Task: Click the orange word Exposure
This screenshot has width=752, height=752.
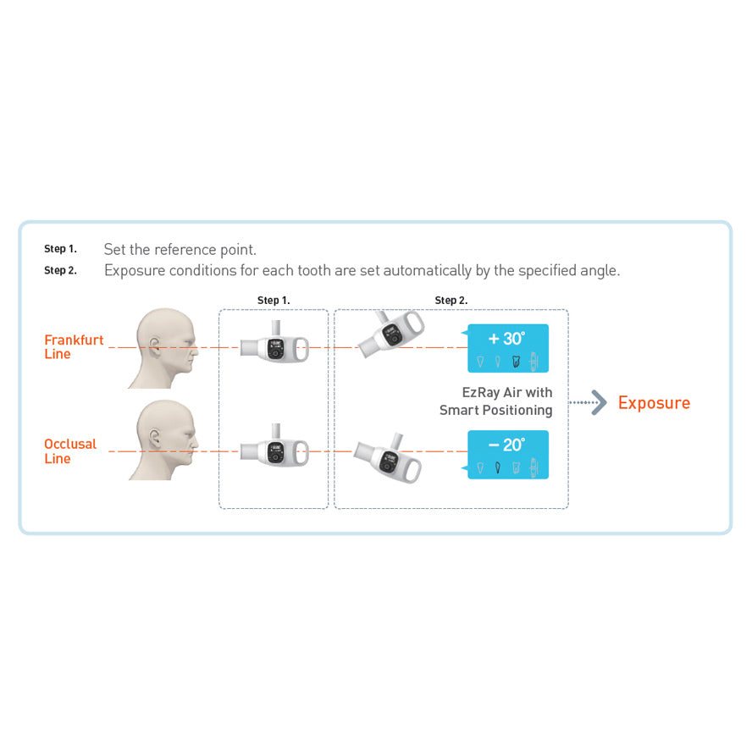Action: point(654,403)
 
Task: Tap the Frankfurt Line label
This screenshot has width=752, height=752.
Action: point(74,346)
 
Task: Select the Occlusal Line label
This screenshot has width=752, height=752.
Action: point(70,451)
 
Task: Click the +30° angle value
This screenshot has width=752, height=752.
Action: point(506,339)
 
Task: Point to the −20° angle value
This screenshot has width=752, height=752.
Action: point(506,445)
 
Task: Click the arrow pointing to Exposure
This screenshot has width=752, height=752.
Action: point(588,402)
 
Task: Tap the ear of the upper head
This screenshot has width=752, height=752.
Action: point(155,346)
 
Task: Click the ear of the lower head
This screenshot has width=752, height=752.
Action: point(155,439)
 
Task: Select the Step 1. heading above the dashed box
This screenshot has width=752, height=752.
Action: point(274,301)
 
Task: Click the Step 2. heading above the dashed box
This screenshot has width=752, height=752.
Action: point(451,301)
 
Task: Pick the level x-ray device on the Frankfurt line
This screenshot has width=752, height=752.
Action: point(274,344)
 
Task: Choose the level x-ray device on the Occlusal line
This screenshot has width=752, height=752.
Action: point(274,447)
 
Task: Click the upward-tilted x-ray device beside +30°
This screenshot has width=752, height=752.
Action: point(391,334)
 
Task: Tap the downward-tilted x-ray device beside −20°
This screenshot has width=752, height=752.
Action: point(388,458)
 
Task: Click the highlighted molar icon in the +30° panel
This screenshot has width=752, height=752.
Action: point(516,361)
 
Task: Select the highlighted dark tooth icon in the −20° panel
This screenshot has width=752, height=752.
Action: point(498,467)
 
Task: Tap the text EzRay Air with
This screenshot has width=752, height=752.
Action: point(507,393)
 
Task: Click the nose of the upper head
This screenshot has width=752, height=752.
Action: point(195,351)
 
